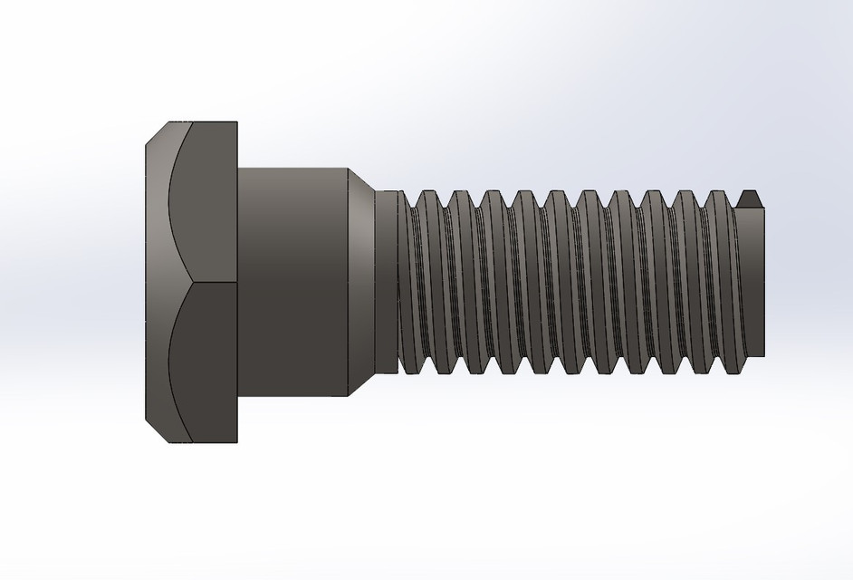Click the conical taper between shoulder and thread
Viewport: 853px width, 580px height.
point(362,282)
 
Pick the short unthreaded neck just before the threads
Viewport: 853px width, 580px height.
point(388,282)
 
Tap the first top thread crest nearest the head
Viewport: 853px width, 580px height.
point(420,192)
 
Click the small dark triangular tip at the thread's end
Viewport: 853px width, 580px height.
point(749,198)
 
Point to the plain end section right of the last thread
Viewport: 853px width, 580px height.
point(752,282)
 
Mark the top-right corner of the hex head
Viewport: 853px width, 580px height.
point(237,122)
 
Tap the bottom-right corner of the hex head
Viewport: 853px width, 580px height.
point(237,442)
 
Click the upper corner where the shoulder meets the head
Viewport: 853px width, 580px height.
point(238,168)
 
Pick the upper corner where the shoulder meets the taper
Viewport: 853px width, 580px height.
point(350,168)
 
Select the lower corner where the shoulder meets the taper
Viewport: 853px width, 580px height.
point(350,396)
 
